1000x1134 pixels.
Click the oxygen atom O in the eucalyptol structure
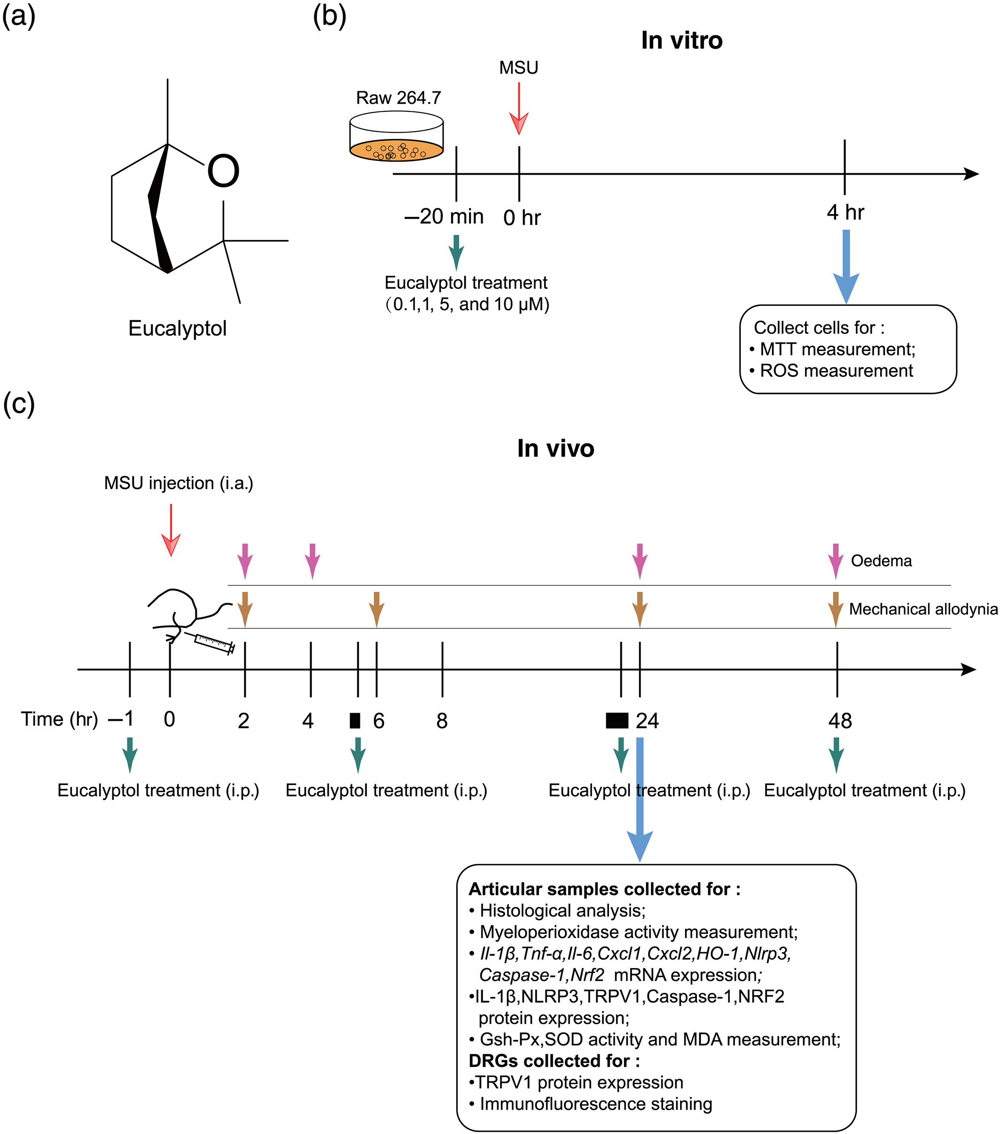point(223,171)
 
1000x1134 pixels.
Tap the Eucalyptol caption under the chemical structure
point(178,328)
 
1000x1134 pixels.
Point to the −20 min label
point(444,217)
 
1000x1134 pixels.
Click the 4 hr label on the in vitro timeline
point(845,212)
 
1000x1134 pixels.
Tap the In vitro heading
point(681,40)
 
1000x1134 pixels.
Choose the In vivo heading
point(555,448)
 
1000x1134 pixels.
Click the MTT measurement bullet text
point(837,350)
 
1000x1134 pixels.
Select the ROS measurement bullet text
point(836,371)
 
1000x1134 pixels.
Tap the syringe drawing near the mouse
point(214,643)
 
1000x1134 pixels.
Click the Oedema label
point(881,561)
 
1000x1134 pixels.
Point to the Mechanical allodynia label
point(923,609)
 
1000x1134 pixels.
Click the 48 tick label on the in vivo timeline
point(840,721)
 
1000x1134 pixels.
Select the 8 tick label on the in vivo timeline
point(442,721)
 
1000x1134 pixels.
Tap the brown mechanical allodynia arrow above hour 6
point(377,609)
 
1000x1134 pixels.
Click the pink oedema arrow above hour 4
point(312,561)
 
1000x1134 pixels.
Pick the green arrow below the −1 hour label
point(130,754)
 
